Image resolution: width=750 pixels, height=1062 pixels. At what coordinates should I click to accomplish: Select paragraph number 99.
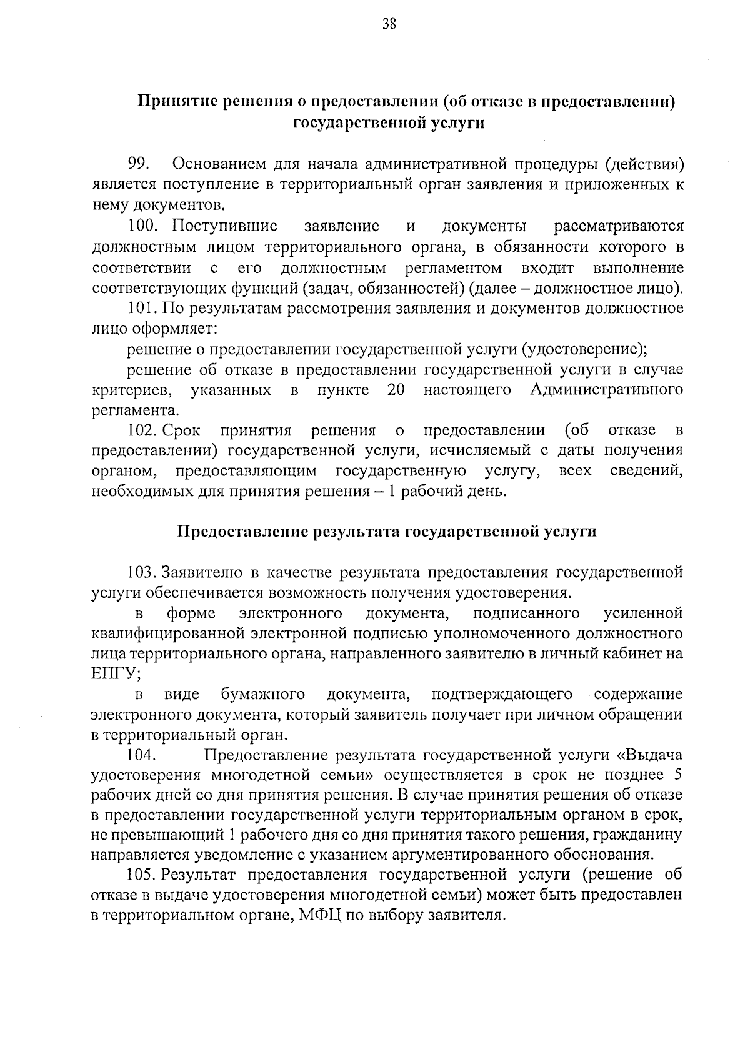(x=137, y=164)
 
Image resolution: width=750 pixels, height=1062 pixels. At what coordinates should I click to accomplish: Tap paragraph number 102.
(x=141, y=430)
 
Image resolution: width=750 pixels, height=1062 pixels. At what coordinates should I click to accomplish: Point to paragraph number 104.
(x=141, y=755)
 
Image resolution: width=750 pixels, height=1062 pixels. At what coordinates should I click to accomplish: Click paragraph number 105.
(x=141, y=875)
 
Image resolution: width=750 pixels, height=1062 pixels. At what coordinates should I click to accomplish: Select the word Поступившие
(x=225, y=226)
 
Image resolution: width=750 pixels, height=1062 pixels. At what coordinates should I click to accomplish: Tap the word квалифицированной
(x=167, y=633)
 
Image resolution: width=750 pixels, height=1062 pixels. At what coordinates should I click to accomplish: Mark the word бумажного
(x=262, y=694)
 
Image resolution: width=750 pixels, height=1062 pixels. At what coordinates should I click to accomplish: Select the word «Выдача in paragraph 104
(x=650, y=755)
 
